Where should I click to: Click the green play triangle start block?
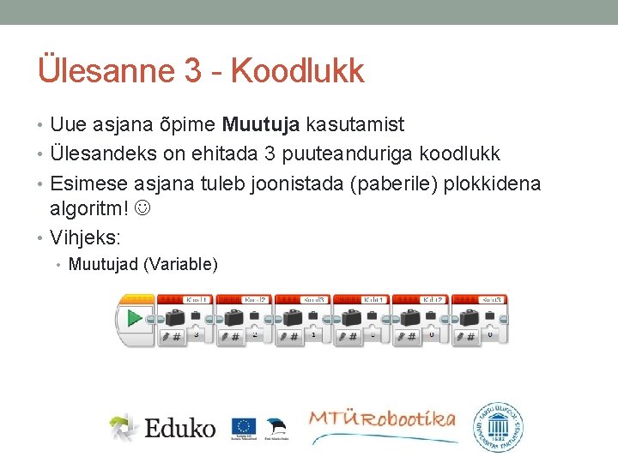click(x=134, y=319)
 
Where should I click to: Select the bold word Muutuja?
click(x=261, y=125)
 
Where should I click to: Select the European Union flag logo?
click(x=243, y=426)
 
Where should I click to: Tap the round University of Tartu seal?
click(x=500, y=424)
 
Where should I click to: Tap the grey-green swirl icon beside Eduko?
click(x=124, y=427)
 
